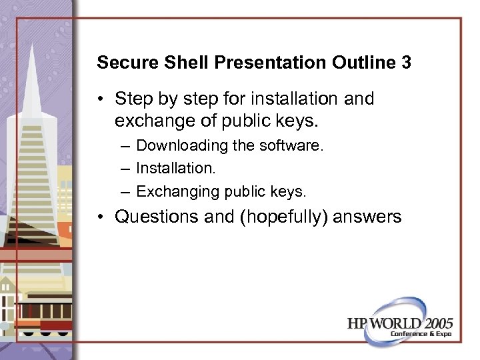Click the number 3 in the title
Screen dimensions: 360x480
tap(405, 63)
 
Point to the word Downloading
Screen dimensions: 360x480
tap(178, 145)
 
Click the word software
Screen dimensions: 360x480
tap(295, 145)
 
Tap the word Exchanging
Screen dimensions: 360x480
tap(177, 191)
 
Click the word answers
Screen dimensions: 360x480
tap(371, 217)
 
